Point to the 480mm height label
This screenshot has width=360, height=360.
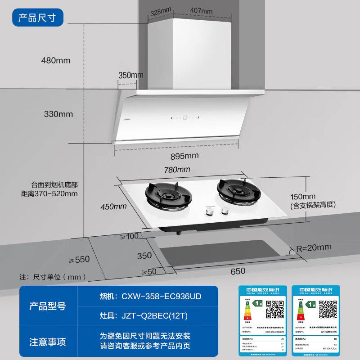coord(56,60)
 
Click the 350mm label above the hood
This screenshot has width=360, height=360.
coord(131,75)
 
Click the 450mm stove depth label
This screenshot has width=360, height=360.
coord(114,207)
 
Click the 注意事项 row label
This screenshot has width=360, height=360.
coord(47,342)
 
